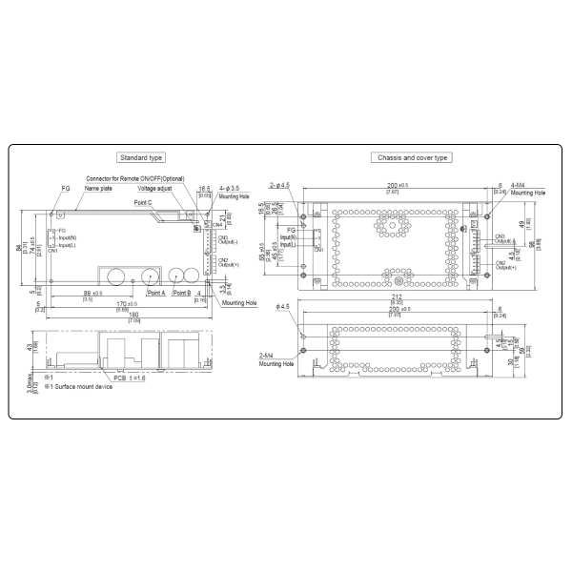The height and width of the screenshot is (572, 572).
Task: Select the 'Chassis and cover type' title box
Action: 411,158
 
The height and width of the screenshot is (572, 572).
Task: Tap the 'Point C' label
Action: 143,203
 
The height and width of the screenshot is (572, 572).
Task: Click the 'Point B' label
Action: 184,294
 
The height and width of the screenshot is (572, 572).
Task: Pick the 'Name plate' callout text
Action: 98,189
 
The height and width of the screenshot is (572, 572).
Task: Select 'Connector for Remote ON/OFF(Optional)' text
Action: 133,179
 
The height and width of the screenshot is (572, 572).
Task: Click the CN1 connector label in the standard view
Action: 53,250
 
